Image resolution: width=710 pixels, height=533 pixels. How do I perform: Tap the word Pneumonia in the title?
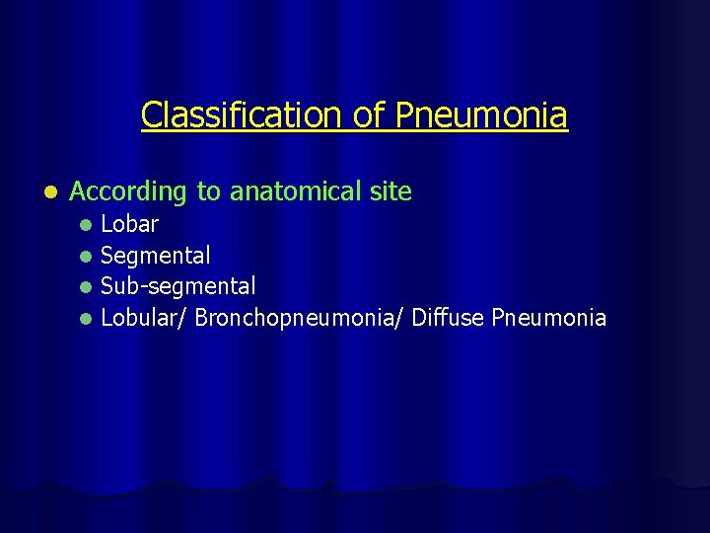tap(482, 115)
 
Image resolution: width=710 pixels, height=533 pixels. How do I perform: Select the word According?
tap(129, 191)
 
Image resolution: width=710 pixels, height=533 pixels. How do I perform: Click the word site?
tap(391, 191)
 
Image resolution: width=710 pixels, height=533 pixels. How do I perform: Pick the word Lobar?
tap(130, 224)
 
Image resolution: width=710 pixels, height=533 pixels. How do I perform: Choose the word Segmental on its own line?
tap(156, 256)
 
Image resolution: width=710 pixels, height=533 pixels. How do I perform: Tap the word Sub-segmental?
tap(178, 286)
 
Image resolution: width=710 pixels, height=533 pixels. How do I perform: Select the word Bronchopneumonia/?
tap(300, 318)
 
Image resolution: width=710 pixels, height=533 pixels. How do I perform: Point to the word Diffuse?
tap(449, 318)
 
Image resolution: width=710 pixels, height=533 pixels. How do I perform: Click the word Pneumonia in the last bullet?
tap(549, 318)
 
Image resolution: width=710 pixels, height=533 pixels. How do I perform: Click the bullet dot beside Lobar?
tap(87, 225)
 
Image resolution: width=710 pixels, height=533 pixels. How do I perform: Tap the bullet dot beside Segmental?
tap(87, 257)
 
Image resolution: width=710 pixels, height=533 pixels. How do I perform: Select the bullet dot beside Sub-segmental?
tap(87, 287)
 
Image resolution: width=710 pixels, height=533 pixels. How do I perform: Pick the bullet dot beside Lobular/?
tap(87, 319)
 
